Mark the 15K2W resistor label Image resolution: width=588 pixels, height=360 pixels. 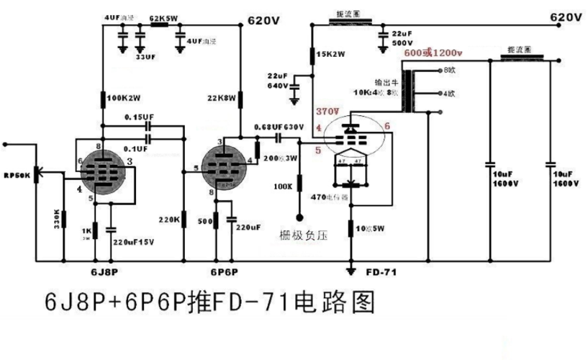click(333, 55)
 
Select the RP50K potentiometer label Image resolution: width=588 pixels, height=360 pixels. click(16, 175)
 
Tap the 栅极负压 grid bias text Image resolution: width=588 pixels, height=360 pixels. click(304, 235)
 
